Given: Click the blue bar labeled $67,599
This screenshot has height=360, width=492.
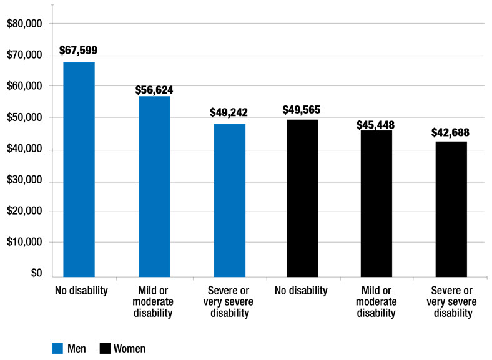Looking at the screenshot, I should [79, 169].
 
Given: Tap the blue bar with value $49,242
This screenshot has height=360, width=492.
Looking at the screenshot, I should [229, 200].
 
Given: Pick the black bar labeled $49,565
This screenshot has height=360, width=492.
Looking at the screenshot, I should [302, 198].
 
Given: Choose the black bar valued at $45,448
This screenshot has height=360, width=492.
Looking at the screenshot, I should [376, 203].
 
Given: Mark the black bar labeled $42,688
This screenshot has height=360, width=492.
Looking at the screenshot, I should [451, 208].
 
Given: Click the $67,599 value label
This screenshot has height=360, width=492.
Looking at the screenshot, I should [79, 50].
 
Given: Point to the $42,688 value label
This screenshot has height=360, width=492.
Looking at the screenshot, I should [450, 132].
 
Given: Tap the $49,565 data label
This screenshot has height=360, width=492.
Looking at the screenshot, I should [302, 110].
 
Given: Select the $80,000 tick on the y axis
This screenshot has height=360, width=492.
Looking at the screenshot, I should [22, 24].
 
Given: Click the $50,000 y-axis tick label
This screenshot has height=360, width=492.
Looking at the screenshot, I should [22, 117].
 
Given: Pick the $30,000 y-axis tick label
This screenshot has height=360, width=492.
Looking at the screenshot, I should [22, 180].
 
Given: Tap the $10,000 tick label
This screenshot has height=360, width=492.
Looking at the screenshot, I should [22, 242].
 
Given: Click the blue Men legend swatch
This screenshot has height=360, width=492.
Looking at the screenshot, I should [57, 348].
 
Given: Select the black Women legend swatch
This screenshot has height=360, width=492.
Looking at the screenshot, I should [104, 348].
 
